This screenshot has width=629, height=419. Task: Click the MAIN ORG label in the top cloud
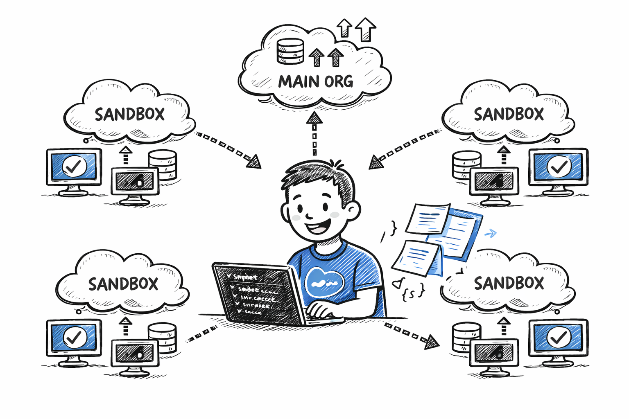(x=315, y=81)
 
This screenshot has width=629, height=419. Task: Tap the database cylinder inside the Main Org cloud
(x=290, y=51)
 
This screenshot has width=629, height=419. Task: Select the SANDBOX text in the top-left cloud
(x=129, y=114)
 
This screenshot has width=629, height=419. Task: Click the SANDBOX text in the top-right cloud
(x=509, y=114)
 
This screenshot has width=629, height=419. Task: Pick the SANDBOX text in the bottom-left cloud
(x=123, y=284)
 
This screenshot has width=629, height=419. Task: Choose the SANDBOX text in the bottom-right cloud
(x=509, y=283)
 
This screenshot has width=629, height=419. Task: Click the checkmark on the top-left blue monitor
(x=74, y=166)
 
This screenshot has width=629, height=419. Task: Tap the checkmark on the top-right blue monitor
(x=559, y=166)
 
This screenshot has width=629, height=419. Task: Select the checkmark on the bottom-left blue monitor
(x=74, y=337)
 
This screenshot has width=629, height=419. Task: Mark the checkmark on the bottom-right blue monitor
(x=559, y=337)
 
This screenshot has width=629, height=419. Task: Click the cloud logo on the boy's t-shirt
(x=324, y=282)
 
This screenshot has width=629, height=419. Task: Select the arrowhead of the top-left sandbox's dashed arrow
(x=254, y=162)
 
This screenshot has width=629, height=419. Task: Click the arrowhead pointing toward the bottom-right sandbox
(x=431, y=342)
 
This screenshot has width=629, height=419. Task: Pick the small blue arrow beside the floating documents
(x=490, y=234)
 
